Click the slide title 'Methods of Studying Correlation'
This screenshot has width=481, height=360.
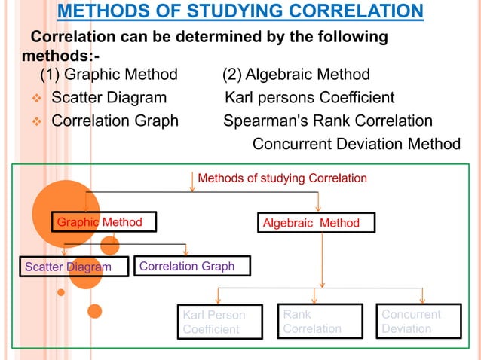pos(240,11)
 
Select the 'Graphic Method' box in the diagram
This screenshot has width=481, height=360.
pos(100,222)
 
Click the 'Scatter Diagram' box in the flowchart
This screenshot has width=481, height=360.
pos(73,267)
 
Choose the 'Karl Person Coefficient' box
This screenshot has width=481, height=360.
pos(219,322)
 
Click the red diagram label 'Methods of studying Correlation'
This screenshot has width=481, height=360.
pos(282,178)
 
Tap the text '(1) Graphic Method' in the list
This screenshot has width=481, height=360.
pos(109,74)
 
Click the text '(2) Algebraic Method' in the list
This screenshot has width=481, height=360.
pos(296,74)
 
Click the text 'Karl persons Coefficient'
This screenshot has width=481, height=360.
pos(309,97)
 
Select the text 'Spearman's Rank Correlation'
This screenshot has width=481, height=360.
pos(327,121)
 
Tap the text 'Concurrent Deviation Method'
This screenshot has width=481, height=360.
pos(355,144)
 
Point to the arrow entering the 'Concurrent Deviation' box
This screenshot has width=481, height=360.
pos(422,296)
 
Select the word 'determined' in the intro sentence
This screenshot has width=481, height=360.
pos(207,37)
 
